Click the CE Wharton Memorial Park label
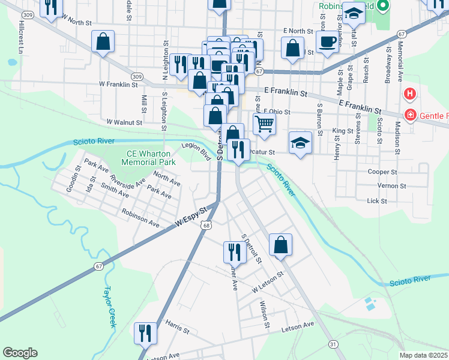coord(148,158)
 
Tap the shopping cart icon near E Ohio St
coord(264,124)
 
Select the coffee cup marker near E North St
coord(327,42)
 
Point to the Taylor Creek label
coord(109,306)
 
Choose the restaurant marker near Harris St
coord(145,332)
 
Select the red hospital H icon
coord(410,94)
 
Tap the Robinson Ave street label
coord(140,218)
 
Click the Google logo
coord(20,353)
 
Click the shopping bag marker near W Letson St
coord(280,244)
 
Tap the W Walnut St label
coord(124,122)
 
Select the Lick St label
coord(376,201)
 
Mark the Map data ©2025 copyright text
coord(423,355)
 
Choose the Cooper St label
coord(378,172)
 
